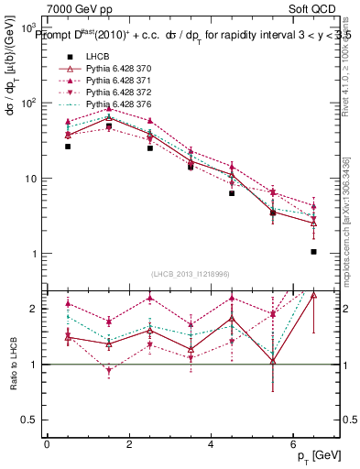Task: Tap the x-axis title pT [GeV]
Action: [x=320, y=455]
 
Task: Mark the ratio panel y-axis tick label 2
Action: [x=32, y=309]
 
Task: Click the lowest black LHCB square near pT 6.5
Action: [x=313, y=252]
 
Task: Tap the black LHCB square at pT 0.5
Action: [x=68, y=147]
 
